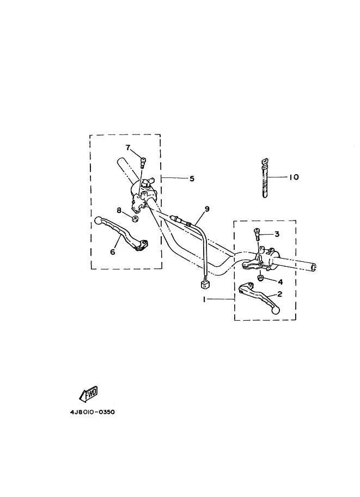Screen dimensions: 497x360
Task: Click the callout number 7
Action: [x=128, y=147]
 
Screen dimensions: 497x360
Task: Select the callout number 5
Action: [x=191, y=178]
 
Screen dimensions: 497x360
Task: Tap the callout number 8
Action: [x=118, y=210]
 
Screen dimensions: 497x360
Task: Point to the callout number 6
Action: [x=113, y=251]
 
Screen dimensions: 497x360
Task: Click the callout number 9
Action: [x=207, y=208]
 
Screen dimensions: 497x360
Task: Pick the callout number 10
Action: [x=294, y=177]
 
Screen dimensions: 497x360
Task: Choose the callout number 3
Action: [x=277, y=234]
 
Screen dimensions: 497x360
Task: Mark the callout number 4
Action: [x=280, y=282]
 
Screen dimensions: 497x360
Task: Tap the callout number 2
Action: [x=279, y=294]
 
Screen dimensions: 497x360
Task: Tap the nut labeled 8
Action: [x=135, y=219]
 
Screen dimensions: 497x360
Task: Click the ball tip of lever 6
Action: [x=99, y=220]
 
